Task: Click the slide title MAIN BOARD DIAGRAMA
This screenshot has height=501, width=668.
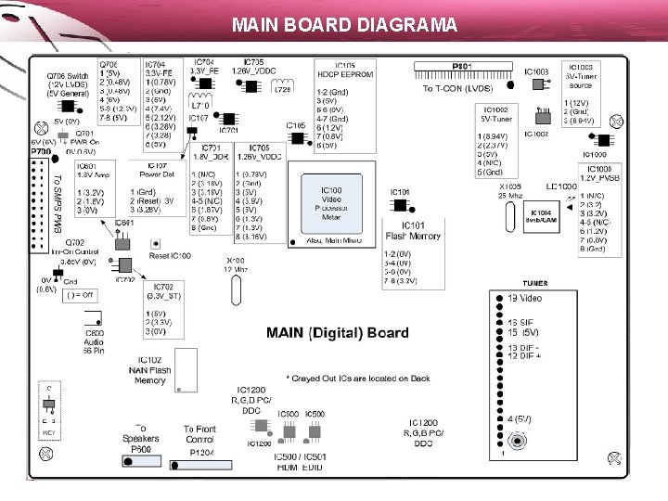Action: point(344,24)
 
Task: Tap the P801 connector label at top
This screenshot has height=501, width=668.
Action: point(462,67)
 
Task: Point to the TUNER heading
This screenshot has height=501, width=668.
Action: point(534,283)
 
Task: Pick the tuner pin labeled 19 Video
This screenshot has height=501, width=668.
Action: point(524,298)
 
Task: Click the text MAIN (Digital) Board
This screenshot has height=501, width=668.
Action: point(338,333)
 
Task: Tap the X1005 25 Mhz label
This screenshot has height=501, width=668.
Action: point(509,190)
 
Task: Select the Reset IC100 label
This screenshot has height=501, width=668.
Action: point(170,255)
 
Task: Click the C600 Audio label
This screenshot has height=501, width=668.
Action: point(95,340)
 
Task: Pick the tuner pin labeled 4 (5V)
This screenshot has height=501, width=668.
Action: point(520,418)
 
